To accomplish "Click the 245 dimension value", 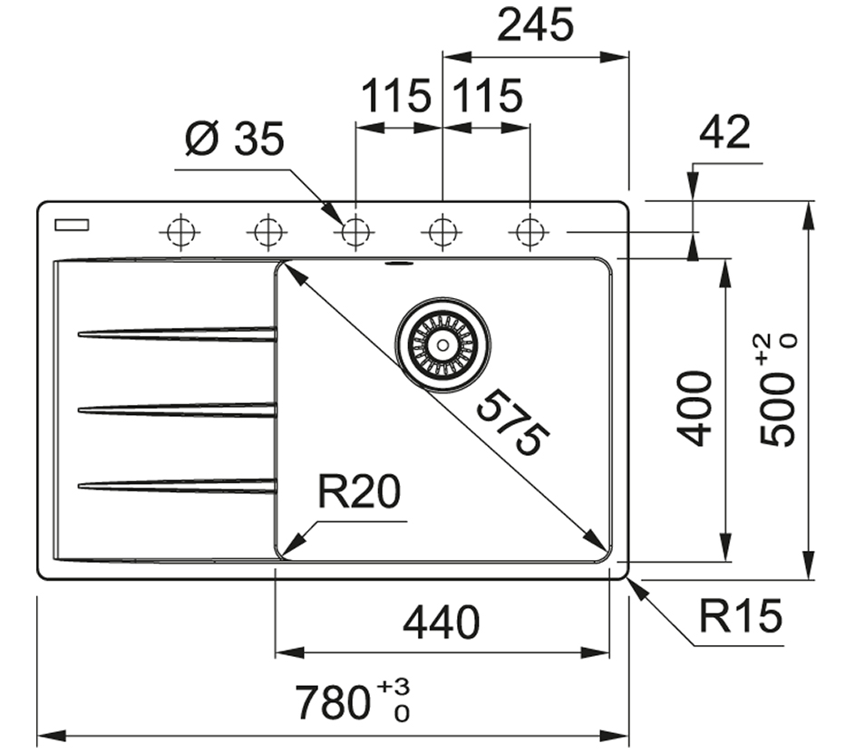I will click(535, 25).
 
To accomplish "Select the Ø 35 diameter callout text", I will click(234, 140).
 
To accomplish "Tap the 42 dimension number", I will click(725, 133).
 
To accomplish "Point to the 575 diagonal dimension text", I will click(513, 422).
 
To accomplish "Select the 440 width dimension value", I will click(441, 623).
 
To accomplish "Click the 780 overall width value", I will click(334, 702).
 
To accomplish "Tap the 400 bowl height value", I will click(695, 407).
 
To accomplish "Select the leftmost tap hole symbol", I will click(180, 233).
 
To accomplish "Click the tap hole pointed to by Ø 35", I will click(355, 233).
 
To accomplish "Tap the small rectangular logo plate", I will click(70, 225).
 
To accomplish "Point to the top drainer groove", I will click(177, 334).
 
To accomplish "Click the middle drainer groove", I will click(177, 410).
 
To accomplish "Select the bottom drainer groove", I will click(177, 487).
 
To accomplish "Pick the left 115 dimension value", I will click(395, 95).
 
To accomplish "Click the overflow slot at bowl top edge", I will click(398, 265).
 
